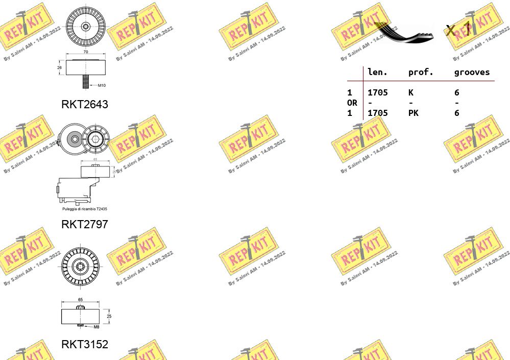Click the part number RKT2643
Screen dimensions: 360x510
tap(85, 104)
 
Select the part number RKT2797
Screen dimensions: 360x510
tap(85, 224)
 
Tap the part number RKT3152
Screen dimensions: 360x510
tap(85, 345)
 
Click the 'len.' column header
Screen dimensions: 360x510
tap(377, 73)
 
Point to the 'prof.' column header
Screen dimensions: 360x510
tap(421, 73)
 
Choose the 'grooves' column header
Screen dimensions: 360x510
tap(472, 73)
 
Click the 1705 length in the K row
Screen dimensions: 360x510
tap(378, 92)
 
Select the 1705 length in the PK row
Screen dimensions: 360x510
tap(378, 113)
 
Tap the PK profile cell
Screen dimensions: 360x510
tap(413, 113)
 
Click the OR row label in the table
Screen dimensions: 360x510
tap(352, 103)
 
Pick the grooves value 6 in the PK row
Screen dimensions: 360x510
tap(457, 113)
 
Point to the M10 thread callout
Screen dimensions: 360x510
tap(102, 85)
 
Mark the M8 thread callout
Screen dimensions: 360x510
tap(96, 327)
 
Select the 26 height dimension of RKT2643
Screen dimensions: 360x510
tap(59, 67)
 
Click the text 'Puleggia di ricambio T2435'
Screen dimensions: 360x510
tap(84, 209)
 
